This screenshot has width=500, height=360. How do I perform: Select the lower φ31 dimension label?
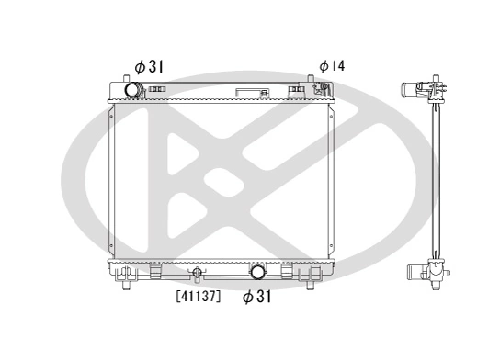[258, 297]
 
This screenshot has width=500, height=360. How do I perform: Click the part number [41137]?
[198, 296]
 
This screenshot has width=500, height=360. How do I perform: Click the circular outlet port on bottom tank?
[258, 272]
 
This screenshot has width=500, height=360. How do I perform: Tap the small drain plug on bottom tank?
[196, 272]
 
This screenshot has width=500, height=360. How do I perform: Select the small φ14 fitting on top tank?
[323, 89]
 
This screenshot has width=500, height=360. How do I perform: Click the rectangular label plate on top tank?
[249, 93]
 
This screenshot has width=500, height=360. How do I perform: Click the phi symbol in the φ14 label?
[324, 66]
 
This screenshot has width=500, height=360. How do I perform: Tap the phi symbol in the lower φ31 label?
[247, 297]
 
